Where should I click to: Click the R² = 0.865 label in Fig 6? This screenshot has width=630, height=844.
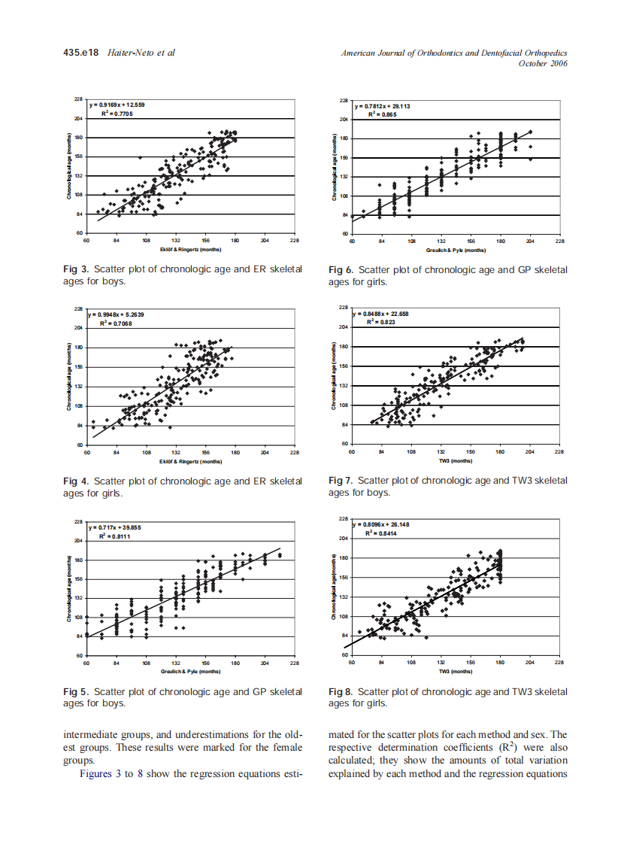[x=381, y=114]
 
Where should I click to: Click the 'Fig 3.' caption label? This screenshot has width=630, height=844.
[x=76, y=269]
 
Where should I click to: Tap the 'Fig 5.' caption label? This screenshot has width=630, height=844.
[x=76, y=691]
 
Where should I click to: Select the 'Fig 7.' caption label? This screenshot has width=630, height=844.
[x=341, y=481]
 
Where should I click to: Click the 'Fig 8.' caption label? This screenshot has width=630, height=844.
[x=341, y=691]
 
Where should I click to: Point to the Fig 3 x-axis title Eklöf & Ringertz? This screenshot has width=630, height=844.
[x=189, y=247]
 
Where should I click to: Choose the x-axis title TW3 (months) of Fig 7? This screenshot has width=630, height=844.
[x=456, y=460]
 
